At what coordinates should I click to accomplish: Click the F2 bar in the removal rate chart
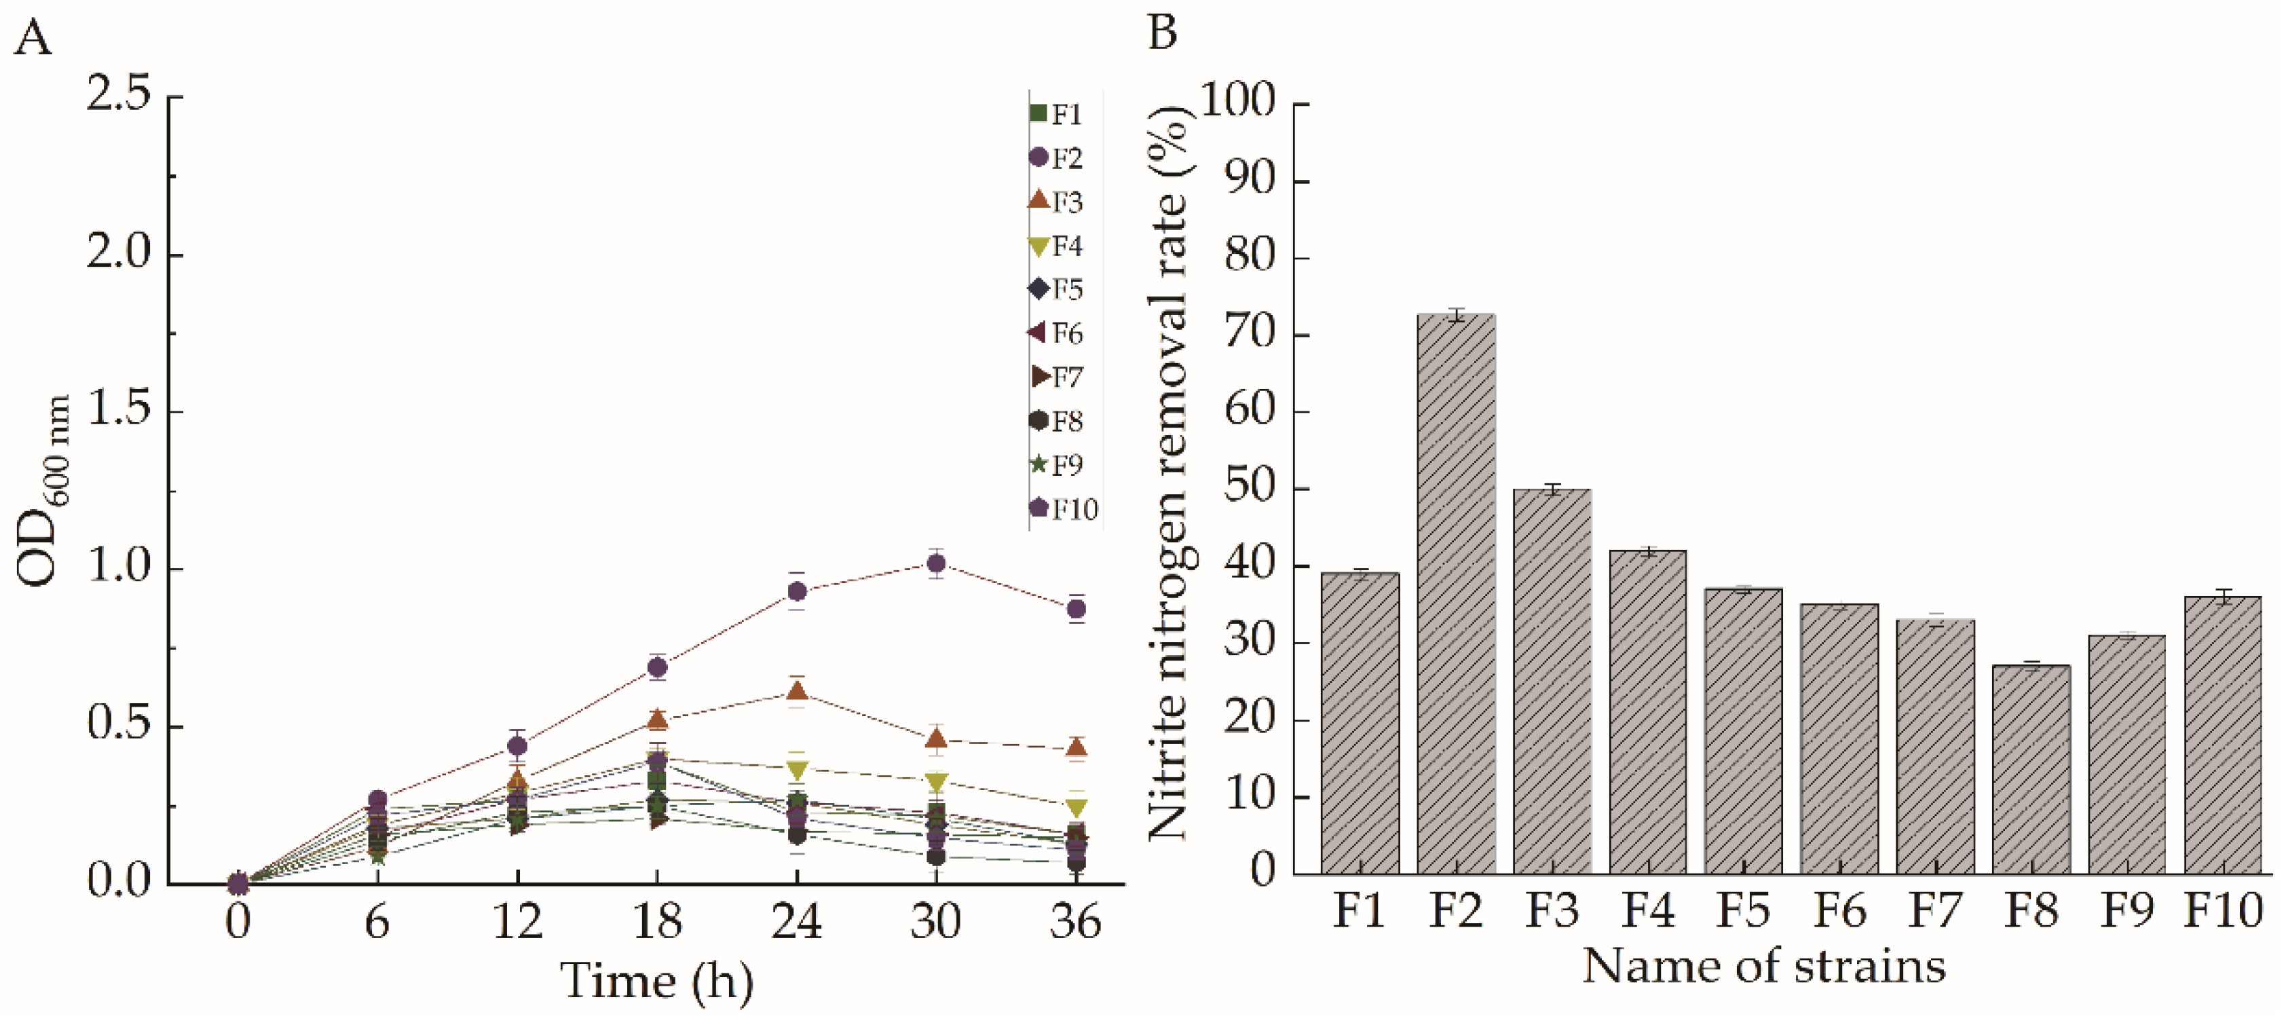[1455, 595]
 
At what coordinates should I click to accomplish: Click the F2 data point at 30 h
[935, 563]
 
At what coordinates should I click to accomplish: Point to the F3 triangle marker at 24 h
[797, 690]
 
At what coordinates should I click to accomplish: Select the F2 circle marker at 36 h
[1076, 609]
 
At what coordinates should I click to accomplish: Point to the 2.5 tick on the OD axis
[120, 95]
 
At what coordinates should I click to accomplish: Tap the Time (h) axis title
[657, 982]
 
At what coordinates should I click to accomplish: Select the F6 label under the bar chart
[1839, 910]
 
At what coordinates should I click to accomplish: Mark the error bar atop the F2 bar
[1455, 314]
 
